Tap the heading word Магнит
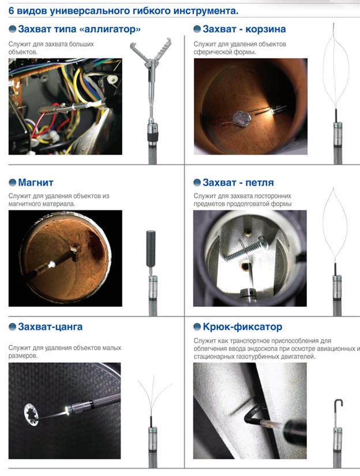tap(36, 182)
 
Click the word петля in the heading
tap(260, 182)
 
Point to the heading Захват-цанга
tap(50, 327)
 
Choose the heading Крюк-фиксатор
tap(242, 327)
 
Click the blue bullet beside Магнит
tap(13, 182)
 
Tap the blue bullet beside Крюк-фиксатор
tap(197, 327)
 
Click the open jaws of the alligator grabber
tap(151, 51)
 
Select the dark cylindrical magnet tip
tap(151, 248)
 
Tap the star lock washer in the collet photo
tap(31, 414)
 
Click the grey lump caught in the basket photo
tap(242, 119)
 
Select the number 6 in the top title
tap(11, 11)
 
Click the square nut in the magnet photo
tap(74, 250)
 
